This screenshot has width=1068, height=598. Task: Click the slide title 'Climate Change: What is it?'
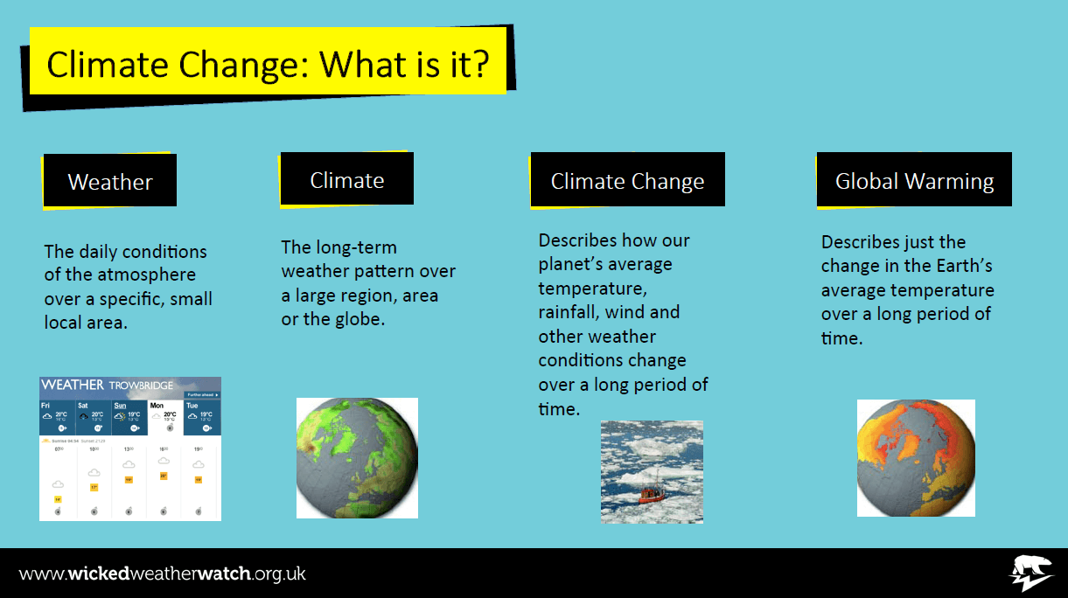[268, 64]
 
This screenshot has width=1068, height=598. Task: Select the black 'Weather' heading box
[110, 182]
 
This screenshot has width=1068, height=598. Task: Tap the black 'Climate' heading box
[347, 180]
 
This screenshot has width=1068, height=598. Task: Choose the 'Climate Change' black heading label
[627, 181]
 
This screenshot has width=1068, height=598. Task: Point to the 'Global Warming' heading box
[914, 181]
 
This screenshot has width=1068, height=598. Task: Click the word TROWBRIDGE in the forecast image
[141, 386]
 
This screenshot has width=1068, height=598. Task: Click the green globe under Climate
[357, 458]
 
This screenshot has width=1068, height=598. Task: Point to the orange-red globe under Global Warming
[916, 458]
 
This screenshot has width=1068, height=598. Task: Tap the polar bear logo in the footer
[1032, 574]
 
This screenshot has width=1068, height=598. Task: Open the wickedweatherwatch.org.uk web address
[163, 574]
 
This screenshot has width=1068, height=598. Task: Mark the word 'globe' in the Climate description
[357, 319]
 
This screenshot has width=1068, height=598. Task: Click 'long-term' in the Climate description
[356, 247]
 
